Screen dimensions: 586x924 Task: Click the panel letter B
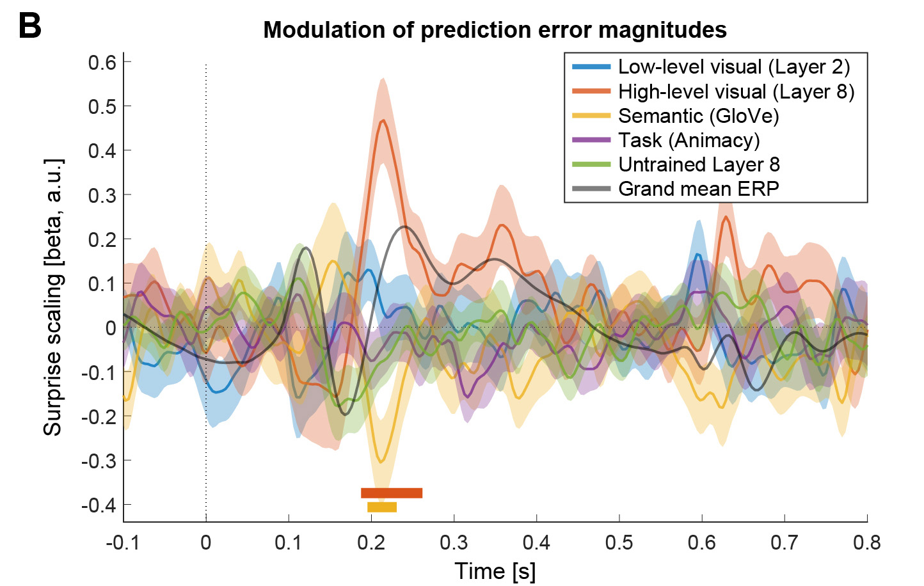30,26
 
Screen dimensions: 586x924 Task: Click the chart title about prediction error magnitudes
495,30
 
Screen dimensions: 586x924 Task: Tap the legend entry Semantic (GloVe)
698,116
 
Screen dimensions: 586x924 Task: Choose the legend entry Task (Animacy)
689,140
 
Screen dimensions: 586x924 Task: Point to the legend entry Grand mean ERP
698,189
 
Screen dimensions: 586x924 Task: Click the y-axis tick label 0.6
102,62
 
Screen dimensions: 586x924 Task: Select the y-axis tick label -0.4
99,505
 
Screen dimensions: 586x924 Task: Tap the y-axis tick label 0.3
102,195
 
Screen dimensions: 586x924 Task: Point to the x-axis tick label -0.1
123,542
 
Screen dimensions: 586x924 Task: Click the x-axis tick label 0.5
619,542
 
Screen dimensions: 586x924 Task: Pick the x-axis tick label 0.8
867,542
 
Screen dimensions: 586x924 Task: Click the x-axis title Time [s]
495,571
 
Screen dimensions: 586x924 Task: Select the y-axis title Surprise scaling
53,297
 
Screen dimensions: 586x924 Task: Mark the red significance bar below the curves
392,493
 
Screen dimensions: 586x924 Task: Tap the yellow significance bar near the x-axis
382,507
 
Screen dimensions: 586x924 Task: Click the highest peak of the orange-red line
383,121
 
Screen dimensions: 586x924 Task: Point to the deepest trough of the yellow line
381,461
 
